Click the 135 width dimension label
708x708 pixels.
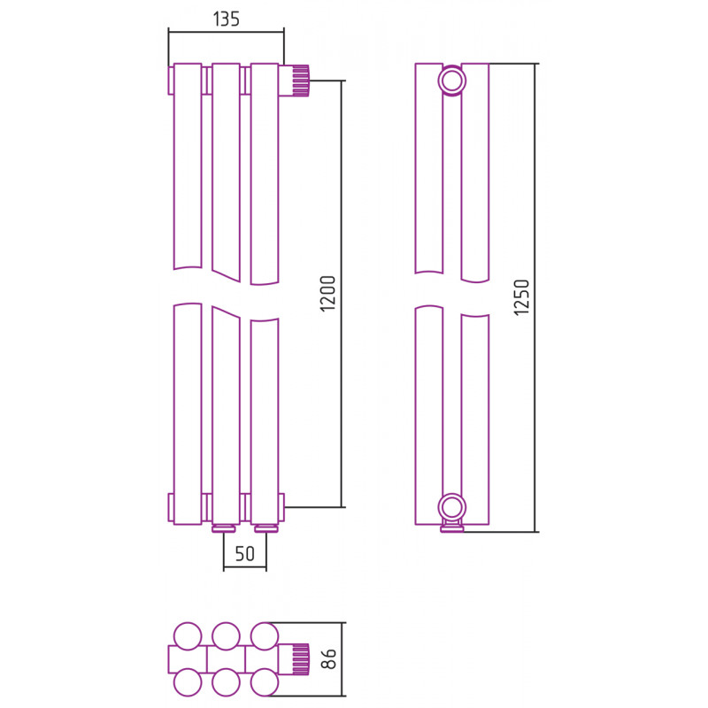(227, 19)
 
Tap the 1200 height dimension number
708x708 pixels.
(327, 294)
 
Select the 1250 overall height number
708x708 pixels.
(521, 297)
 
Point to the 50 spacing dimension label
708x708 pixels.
(245, 554)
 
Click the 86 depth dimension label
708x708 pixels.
(330, 658)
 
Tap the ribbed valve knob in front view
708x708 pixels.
(301, 81)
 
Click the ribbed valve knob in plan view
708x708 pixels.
(301, 659)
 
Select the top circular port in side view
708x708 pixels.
(451, 81)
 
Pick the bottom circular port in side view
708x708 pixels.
(451, 507)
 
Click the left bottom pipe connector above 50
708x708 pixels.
(225, 528)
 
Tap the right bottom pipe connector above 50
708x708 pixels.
(266, 528)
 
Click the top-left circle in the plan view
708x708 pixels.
(188, 635)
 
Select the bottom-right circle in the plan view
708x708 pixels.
(264, 682)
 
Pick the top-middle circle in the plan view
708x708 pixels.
(226, 635)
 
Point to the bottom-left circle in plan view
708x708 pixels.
(188, 682)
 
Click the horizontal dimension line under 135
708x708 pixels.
(227, 32)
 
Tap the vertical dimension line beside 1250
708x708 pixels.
(535, 297)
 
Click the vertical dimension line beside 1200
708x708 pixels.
(342, 294)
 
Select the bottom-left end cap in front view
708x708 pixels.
(171, 508)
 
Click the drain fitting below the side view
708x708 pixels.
(452, 527)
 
